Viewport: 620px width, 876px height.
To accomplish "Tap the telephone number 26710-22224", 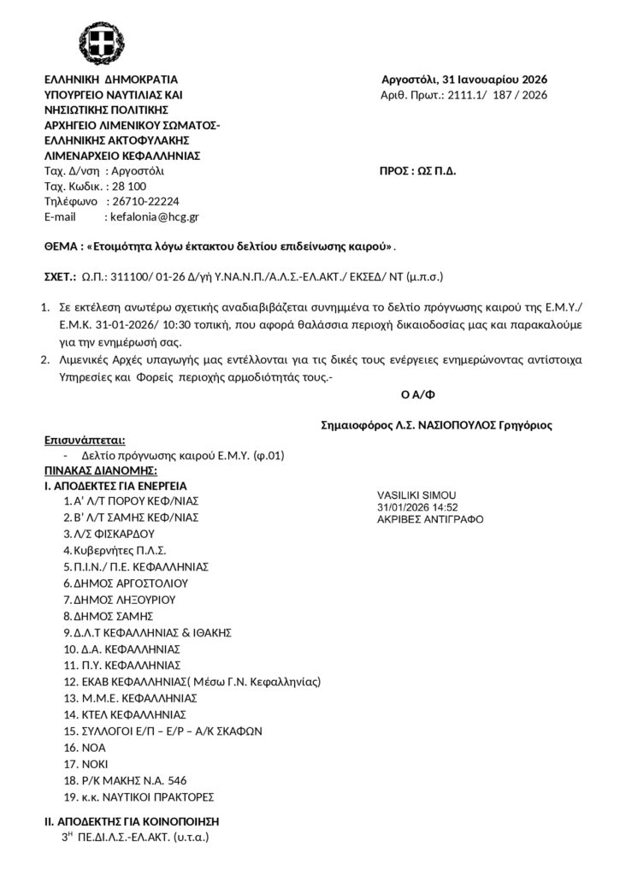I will click(x=145, y=202).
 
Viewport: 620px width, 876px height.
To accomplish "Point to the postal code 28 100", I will click(x=129, y=186).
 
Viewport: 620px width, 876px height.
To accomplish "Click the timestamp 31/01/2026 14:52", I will click(x=417, y=507).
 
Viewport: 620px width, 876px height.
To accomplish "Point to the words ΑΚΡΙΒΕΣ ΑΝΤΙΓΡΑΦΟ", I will click(x=429, y=519).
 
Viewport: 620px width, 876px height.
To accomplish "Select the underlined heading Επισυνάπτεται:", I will click(x=85, y=441).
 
